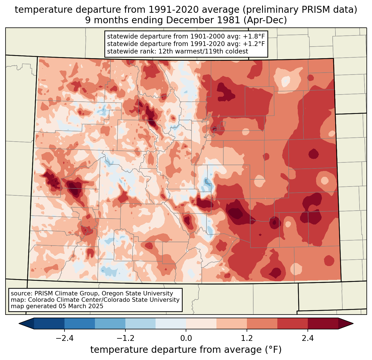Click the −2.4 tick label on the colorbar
[64, 338]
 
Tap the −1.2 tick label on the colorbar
[125, 338]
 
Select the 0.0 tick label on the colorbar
[186, 338]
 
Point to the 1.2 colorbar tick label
[247, 338]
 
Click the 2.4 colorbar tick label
[308, 338]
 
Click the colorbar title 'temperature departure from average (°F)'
[186, 350]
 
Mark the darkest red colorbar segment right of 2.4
[323, 323]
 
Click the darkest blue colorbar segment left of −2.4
[49, 323]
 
